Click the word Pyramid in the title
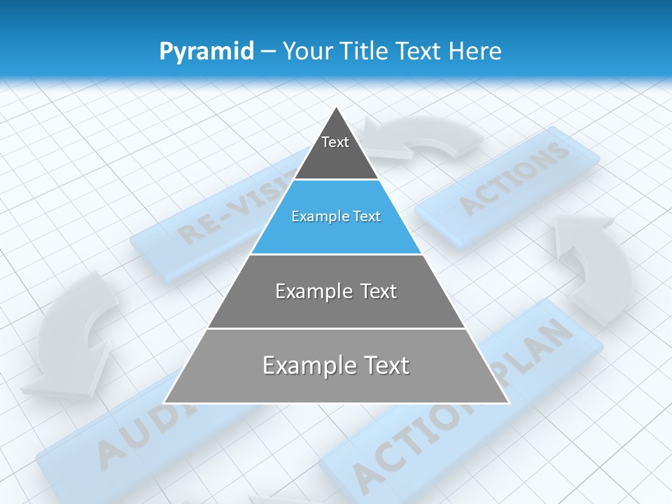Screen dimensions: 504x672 point(206,52)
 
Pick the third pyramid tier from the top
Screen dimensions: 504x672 point(336,291)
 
